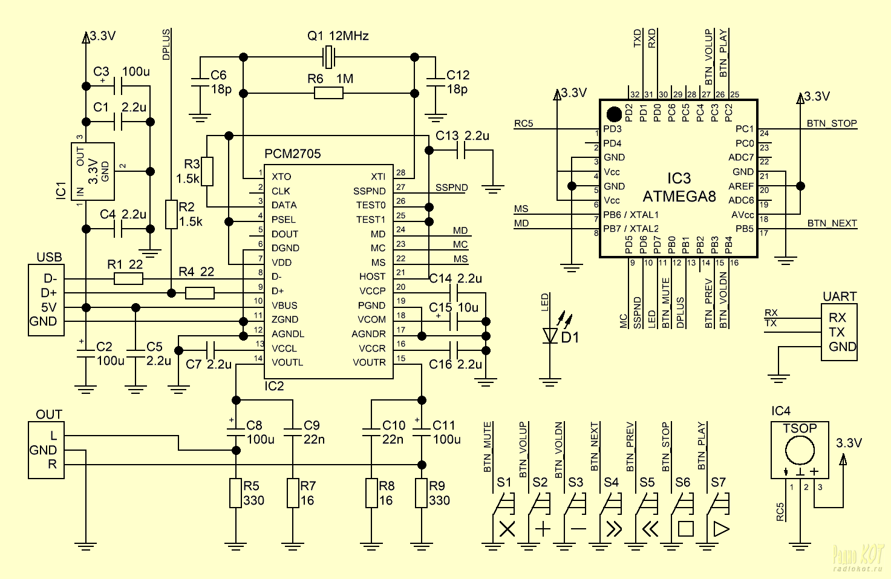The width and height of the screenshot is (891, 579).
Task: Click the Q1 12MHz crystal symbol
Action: click(x=328, y=57)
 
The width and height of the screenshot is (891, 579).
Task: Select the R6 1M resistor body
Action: click(x=328, y=93)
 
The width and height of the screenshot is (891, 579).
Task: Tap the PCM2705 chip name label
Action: click(x=293, y=154)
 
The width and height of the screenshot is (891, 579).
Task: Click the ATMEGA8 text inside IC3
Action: click(x=679, y=197)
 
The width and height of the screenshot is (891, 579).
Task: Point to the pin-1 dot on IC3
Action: click(x=613, y=114)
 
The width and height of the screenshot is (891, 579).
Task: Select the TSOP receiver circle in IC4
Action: click(x=800, y=451)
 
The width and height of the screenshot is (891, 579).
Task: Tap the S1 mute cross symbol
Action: click(x=507, y=529)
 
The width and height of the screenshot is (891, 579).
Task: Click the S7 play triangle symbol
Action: click(x=721, y=529)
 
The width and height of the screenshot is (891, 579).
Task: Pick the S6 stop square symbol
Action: click(x=685, y=529)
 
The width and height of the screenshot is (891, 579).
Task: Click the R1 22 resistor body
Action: click(x=128, y=279)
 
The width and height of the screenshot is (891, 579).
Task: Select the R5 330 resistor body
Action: click(x=236, y=493)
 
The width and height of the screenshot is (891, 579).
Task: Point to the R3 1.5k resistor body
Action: click(x=207, y=171)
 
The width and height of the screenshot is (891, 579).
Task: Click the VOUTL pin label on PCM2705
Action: click(x=287, y=362)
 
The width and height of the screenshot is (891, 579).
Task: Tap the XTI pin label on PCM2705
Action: click(x=378, y=177)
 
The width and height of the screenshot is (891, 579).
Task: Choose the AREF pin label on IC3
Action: click(x=741, y=186)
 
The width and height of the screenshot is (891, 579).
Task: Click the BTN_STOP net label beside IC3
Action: click(x=832, y=123)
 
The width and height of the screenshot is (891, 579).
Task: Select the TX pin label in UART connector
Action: click(x=837, y=332)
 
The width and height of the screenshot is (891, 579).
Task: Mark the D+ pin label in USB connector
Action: click(x=49, y=293)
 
